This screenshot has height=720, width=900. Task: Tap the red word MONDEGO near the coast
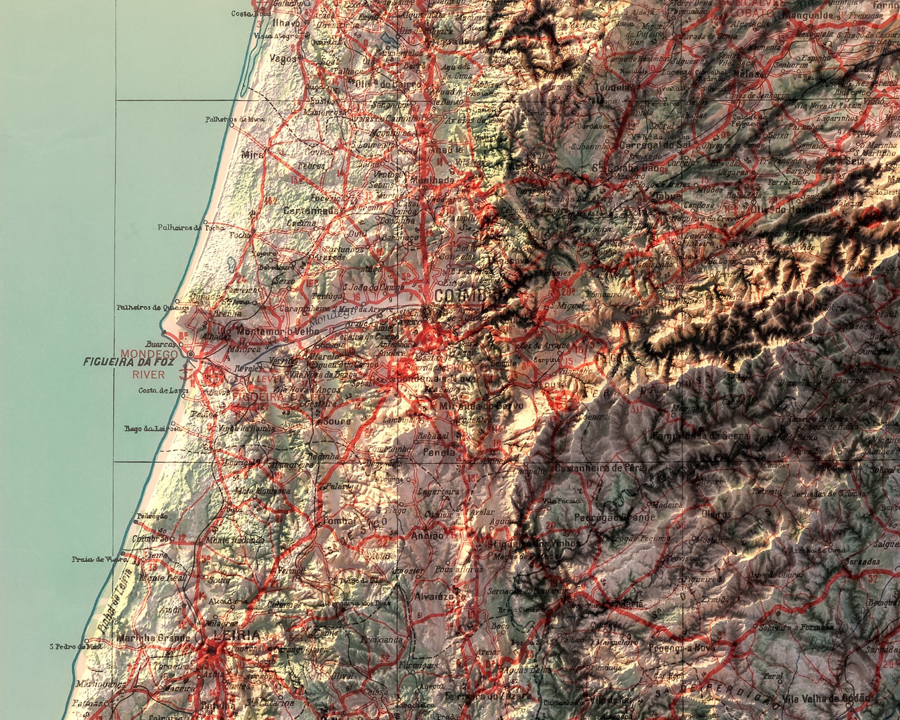(x=149, y=353)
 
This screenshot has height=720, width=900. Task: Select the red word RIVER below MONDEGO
(x=148, y=374)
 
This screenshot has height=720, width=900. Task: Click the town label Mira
(x=249, y=154)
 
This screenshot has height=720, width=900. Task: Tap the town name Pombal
(x=338, y=521)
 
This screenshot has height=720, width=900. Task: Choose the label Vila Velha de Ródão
(x=824, y=698)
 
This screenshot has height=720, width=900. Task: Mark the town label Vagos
(x=283, y=58)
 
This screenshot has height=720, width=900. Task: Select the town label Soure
(x=336, y=422)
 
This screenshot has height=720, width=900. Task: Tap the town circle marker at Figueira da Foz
(x=190, y=354)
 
